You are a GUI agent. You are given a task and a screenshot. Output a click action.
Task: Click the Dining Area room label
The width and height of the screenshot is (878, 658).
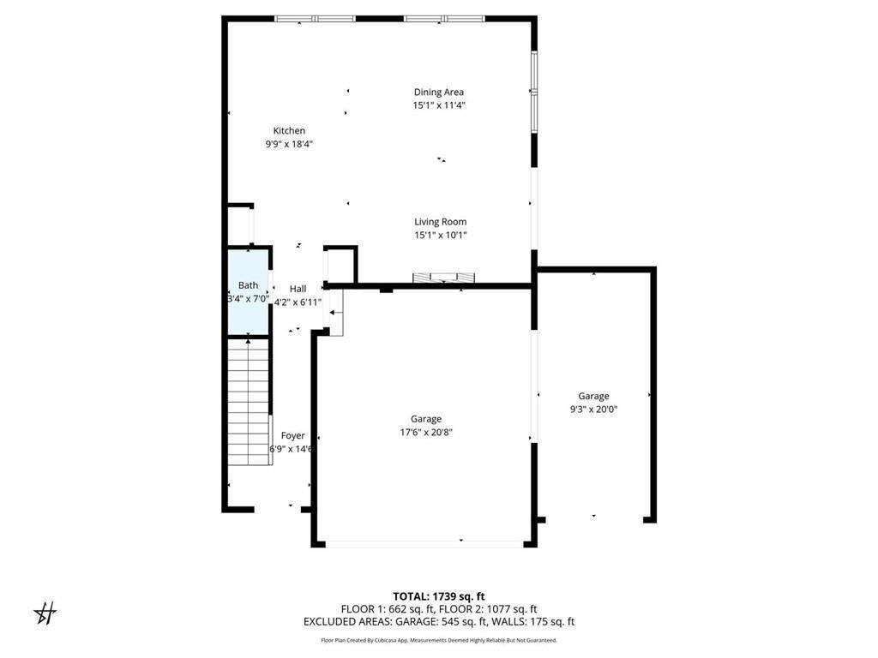[x=439, y=93]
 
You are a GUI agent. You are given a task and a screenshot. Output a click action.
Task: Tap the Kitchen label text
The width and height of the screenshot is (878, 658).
[x=289, y=131]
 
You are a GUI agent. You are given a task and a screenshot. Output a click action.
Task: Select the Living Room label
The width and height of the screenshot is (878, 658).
[x=440, y=222]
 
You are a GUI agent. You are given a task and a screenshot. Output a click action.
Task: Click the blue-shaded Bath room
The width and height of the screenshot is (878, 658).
[x=248, y=291]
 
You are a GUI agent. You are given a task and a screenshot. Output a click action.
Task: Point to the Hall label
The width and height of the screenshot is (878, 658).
[x=298, y=290]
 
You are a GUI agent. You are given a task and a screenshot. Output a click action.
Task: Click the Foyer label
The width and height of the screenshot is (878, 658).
[x=292, y=436]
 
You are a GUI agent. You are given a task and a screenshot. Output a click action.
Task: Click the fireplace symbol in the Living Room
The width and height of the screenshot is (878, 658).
[x=443, y=278]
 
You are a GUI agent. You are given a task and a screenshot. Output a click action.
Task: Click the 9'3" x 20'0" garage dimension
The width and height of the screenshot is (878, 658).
[x=593, y=410]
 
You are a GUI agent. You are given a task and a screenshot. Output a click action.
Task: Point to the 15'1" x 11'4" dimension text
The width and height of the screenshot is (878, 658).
[x=439, y=105]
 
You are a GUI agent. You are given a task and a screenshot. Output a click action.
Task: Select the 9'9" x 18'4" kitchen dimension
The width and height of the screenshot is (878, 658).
[x=289, y=144]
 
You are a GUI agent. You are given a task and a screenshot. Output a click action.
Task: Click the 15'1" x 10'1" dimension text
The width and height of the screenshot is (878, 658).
[x=440, y=235]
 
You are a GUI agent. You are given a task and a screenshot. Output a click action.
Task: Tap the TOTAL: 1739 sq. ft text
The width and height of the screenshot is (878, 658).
[x=439, y=596]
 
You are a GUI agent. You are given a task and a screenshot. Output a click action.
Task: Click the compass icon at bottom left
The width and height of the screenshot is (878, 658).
[x=45, y=613]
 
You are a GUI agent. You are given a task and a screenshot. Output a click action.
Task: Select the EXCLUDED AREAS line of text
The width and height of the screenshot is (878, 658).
[x=439, y=622]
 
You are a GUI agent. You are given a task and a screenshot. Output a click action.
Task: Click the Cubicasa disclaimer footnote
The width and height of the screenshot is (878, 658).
[x=439, y=640]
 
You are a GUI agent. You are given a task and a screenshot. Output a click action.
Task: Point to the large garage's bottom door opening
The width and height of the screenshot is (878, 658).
[x=425, y=542]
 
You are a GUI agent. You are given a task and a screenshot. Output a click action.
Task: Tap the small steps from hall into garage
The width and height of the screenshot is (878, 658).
[x=334, y=313]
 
